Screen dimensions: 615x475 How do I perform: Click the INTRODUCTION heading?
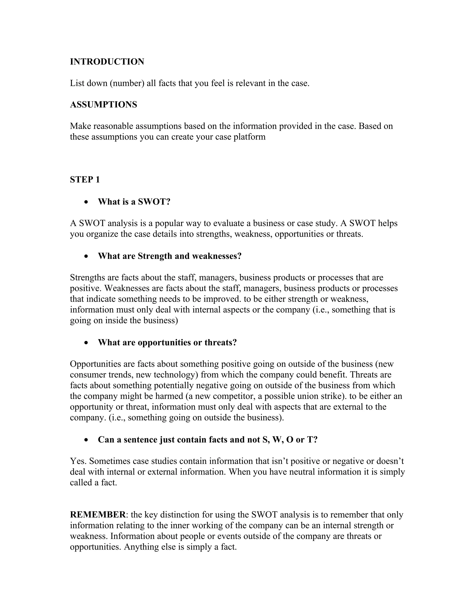point(107,62)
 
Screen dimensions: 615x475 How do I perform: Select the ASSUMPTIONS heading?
point(103,104)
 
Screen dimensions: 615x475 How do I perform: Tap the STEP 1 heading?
point(85,179)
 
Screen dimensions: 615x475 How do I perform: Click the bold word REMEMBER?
point(98,515)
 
